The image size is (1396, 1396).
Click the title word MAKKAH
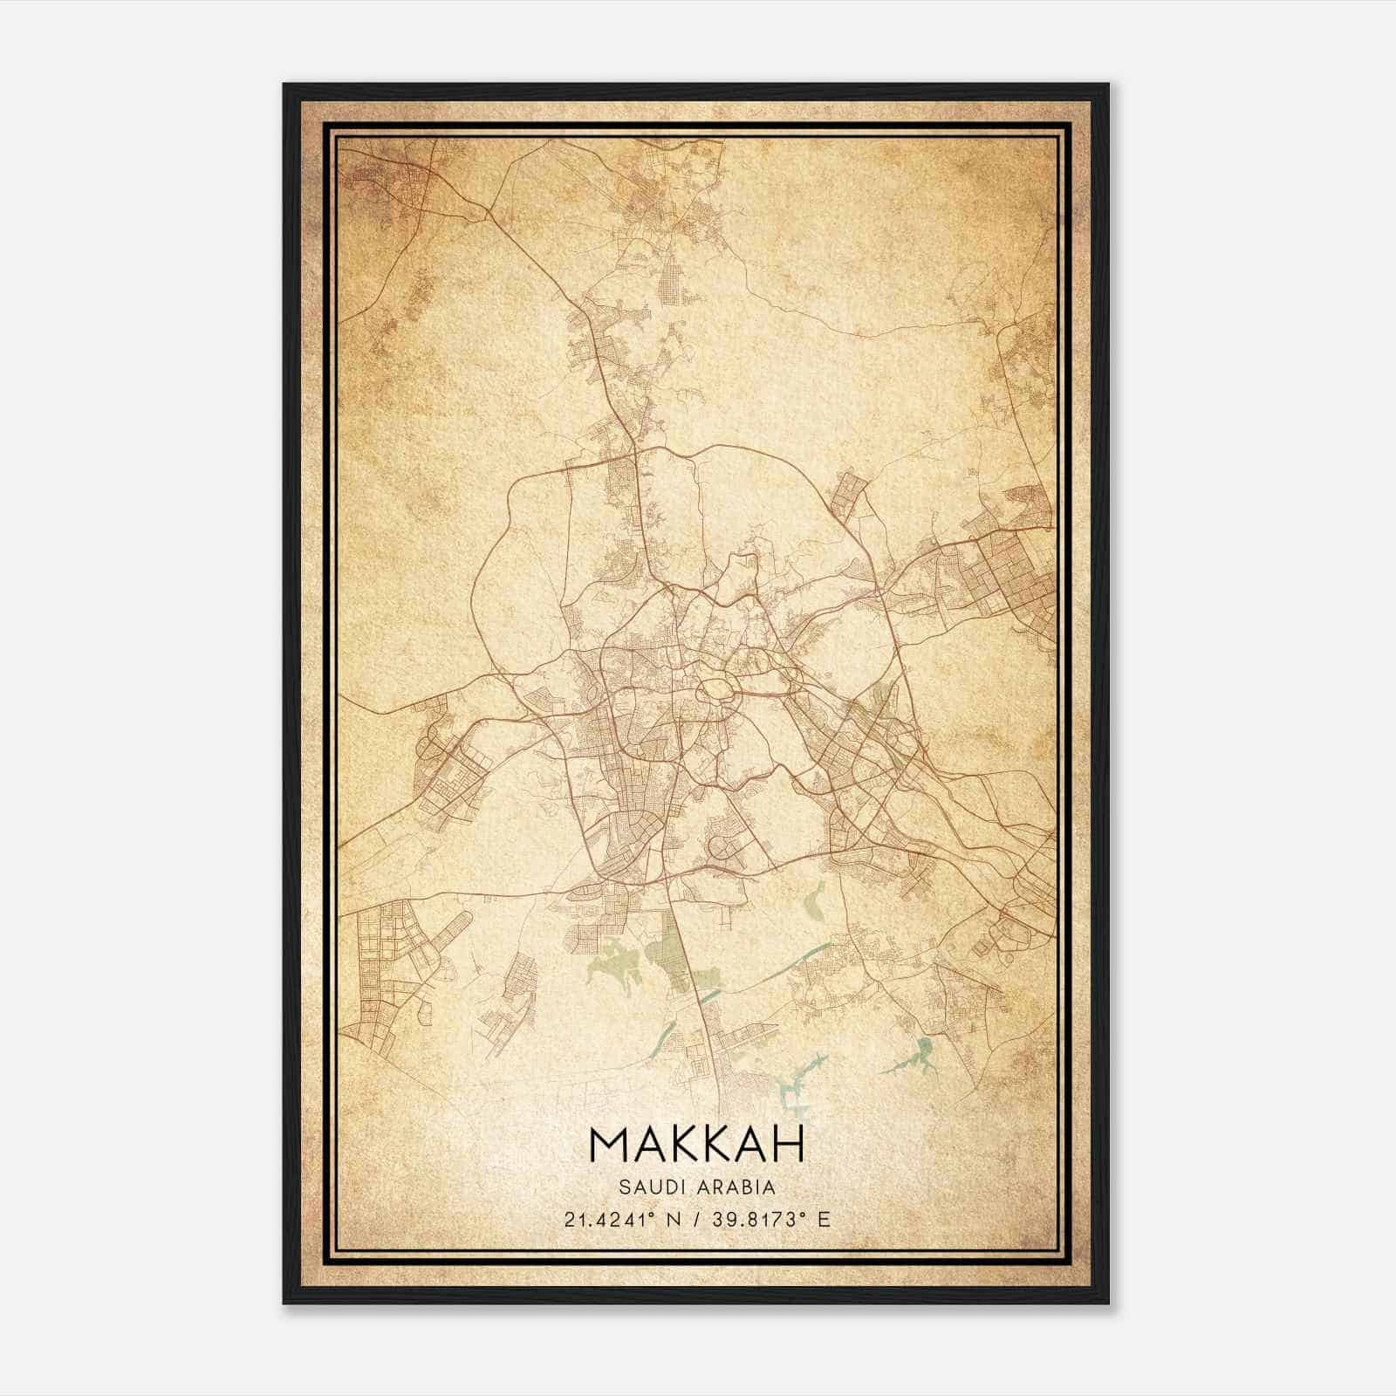[x=696, y=1144]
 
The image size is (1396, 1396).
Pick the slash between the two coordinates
[x=697, y=1219]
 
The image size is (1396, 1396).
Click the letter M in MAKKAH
[x=608, y=1144]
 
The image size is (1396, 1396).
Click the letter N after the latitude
[x=672, y=1219]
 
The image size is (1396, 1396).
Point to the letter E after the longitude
[x=825, y=1219]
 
